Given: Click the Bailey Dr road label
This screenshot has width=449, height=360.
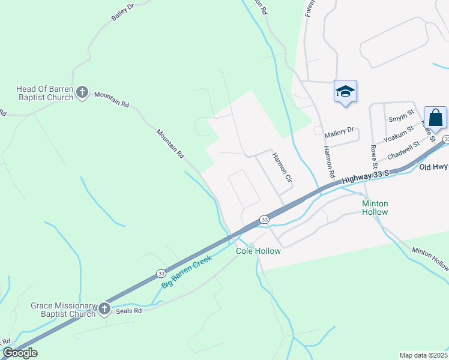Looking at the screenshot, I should (122, 12).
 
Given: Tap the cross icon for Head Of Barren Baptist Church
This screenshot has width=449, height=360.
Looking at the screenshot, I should (82, 93).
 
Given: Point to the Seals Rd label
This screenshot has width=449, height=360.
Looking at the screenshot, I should (129, 311).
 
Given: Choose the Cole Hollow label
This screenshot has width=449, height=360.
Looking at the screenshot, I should (258, 251).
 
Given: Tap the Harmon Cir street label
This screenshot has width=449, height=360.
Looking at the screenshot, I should (282, 167).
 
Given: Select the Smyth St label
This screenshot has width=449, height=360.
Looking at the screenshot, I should (402, 113).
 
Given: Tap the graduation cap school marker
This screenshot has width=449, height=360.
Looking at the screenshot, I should (345, 91).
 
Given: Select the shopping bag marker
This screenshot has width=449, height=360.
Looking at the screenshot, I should (435, 117).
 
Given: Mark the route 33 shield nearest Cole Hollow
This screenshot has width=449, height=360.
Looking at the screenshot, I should (264, 220).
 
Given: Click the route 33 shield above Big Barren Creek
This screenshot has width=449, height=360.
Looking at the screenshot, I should (161, 273).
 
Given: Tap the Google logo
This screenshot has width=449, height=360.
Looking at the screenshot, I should (20, 353).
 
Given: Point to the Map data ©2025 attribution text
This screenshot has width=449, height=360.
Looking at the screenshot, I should (424, 355).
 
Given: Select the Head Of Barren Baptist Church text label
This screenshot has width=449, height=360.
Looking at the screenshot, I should (44, 93).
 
